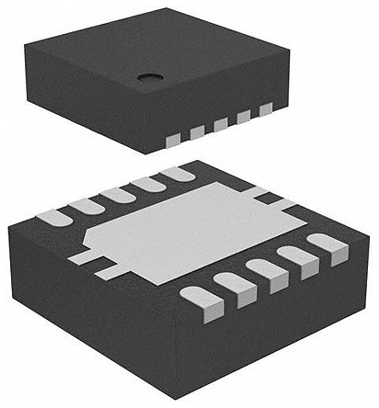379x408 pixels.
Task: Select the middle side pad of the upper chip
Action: tap(221, 125)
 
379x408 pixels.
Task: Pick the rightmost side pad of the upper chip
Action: tap(267, 109)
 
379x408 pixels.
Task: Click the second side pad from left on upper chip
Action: tap(197, 132)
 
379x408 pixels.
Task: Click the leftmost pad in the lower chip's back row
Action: tap(53, 218)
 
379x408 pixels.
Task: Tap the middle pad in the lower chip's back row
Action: tap(117, 194)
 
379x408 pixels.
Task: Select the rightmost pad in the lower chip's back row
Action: tap(177, 173)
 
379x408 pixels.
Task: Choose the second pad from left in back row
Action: tap(86, 206)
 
